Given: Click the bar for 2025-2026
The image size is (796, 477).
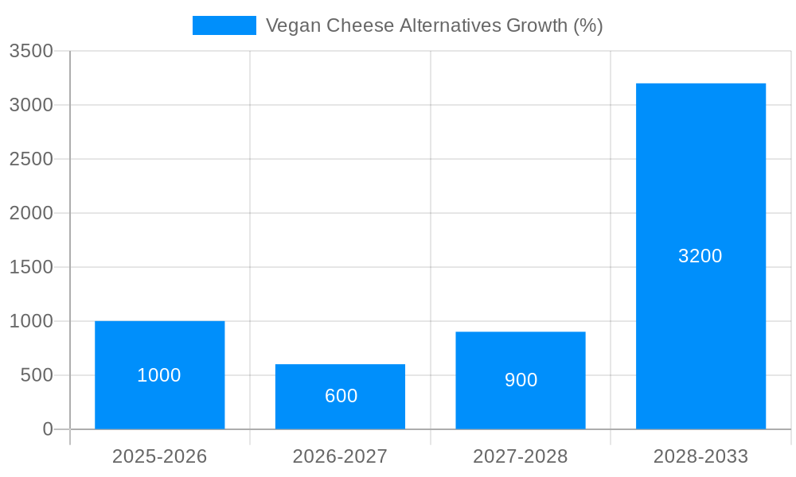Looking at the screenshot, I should point(159,342).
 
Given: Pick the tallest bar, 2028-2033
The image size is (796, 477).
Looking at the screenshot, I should point(700,199).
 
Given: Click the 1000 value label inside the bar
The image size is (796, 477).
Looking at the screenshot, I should point(159,375).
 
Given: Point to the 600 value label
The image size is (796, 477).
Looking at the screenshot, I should point(341,396).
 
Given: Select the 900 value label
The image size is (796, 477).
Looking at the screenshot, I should point(521,380).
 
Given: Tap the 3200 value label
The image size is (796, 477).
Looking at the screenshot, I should point(700,256).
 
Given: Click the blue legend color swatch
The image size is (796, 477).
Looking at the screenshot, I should point(224,25).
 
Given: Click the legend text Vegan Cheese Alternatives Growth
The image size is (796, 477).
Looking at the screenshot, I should point(434,25).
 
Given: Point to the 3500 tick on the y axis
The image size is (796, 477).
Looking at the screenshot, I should point(31,51).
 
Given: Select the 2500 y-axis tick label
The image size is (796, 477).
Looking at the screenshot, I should point(31,159).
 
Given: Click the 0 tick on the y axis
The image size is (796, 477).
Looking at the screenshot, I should point(47,429).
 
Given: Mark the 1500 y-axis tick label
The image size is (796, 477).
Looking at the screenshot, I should point(31,267).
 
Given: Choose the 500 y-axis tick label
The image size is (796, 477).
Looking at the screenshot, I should point(37,375).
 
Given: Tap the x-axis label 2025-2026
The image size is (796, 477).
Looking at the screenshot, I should point(159,456).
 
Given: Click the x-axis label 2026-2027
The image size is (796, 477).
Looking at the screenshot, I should point(340,456).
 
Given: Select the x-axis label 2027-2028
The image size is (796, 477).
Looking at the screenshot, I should point(521,456).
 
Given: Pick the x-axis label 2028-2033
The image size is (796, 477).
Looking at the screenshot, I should point(700,456).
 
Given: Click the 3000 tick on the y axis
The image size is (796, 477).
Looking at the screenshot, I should point(31,105).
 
